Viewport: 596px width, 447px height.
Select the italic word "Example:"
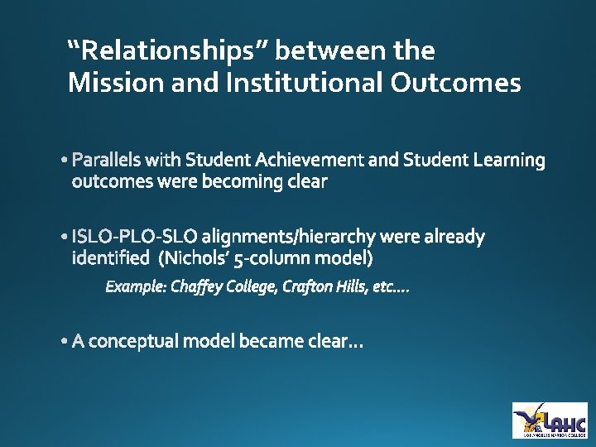[135, 287]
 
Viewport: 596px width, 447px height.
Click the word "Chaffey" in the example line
[195, 287]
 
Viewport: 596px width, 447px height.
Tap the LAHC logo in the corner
[550, 420]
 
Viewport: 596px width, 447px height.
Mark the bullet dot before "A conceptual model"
[65, 342]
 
